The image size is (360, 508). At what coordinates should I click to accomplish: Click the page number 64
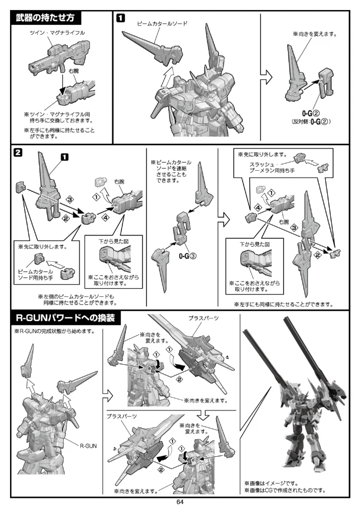tap(180, 502)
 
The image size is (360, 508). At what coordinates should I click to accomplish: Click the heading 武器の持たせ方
tap(45, 18)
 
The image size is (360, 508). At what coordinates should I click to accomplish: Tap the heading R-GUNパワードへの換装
tap(65, 318)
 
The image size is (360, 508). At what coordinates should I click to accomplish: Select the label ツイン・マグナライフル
tap(58, 33)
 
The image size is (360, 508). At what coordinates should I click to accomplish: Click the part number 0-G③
tap(188, 256)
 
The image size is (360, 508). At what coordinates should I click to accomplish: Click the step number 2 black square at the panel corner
tap(18, 152)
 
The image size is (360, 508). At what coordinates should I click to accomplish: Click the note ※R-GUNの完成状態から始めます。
tap(54, 331)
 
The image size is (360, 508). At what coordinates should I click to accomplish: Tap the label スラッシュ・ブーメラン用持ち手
tap(272, 167)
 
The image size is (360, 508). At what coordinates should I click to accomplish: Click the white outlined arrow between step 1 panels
tap(266, 78)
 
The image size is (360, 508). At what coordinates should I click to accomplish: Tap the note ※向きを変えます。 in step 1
tap(315, 34)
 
